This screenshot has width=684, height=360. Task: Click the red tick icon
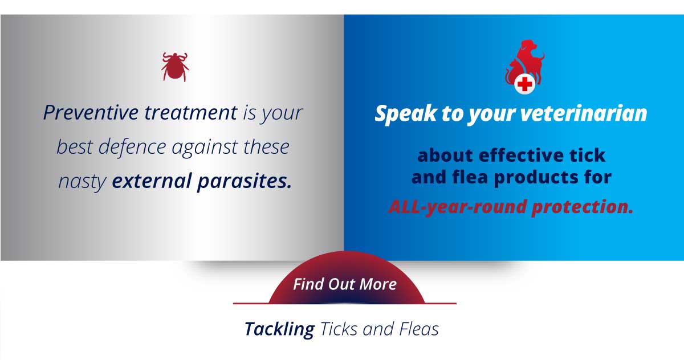coord(175,67)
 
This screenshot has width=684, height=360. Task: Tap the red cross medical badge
coord(524,84)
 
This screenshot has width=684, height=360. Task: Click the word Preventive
coord(91,113)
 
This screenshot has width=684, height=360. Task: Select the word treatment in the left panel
coord(190,113)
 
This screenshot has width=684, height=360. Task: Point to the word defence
coord(132,147)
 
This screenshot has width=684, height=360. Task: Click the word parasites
coord(245,182)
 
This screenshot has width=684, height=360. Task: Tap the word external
coord(152,181)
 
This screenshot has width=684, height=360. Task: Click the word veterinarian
coord(583,113)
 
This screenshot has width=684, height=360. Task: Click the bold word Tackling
coord(279,329)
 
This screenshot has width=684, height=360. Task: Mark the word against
coord(205,148)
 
